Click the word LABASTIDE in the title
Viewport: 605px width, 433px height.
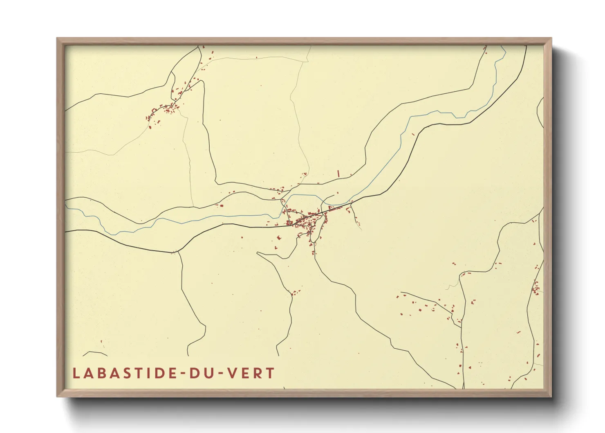[x=124, y=373]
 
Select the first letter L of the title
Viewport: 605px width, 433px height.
[x=76, y=373]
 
